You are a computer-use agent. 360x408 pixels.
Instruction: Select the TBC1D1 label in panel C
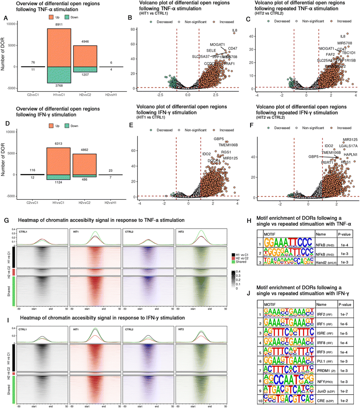point(347,53)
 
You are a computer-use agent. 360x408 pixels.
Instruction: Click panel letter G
point(4,222)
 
